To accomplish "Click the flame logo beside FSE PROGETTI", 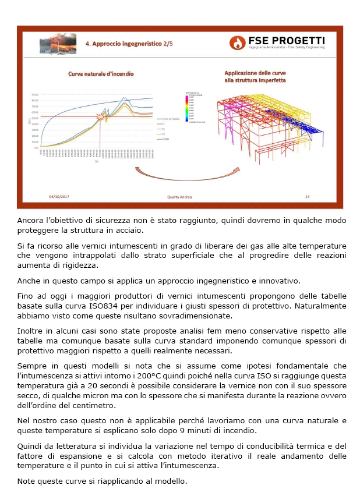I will pyautogui.click(x=238, y=42).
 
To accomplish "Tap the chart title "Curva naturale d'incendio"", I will pyautogui.click(x=101, y=74).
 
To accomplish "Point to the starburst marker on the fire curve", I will pyautogui.click(x=102, y=117).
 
